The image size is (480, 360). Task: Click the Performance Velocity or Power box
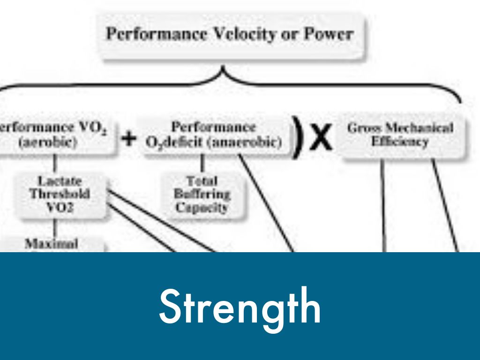(x=230, y=35)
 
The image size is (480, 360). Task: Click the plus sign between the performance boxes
(x=129, y=139)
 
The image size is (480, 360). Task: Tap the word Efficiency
(x=400, y=142)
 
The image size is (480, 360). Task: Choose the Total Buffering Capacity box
(x=202, y=194)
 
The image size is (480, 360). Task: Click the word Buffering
(x=202, y=194)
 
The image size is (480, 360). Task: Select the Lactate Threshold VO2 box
(x=60, y=194)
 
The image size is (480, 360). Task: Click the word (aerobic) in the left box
(x=47, y=142)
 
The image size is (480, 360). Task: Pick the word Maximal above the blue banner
(x=52, y=244)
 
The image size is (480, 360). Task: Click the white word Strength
(x=240, y=307)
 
